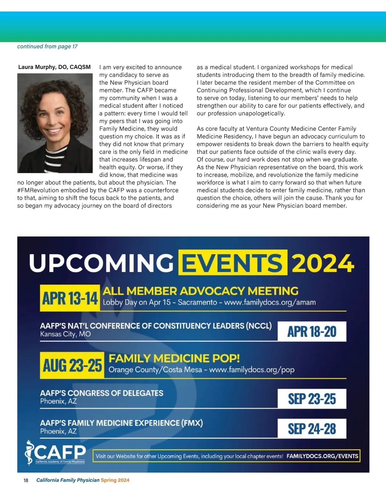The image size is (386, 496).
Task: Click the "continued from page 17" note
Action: (47, 46)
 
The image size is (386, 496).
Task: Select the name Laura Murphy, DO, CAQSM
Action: (54, 67)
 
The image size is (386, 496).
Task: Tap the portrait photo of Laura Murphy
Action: (55, 123)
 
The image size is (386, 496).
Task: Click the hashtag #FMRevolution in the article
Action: (38, 190)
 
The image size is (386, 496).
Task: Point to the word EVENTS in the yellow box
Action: (233, 262)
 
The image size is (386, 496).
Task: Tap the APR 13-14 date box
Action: (70, 298)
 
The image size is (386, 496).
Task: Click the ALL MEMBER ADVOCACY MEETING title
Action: (200, 291)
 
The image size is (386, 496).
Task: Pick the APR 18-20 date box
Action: (312, 331)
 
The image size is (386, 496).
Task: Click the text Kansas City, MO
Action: (65, 334)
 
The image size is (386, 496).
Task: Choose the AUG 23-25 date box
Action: (72, 365)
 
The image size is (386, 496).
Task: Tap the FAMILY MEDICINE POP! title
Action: (174, 358)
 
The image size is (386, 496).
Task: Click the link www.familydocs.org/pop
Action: (252, 370)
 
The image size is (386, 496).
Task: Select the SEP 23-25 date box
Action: (312, 399)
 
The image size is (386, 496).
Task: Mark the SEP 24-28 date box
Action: (312, 429)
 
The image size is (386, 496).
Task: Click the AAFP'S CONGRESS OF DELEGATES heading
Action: (102, 393)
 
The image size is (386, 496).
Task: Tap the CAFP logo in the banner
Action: (55, 453)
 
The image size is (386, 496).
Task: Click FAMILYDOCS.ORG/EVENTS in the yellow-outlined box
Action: (322, 456)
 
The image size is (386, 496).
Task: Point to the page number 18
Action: (26, 481)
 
